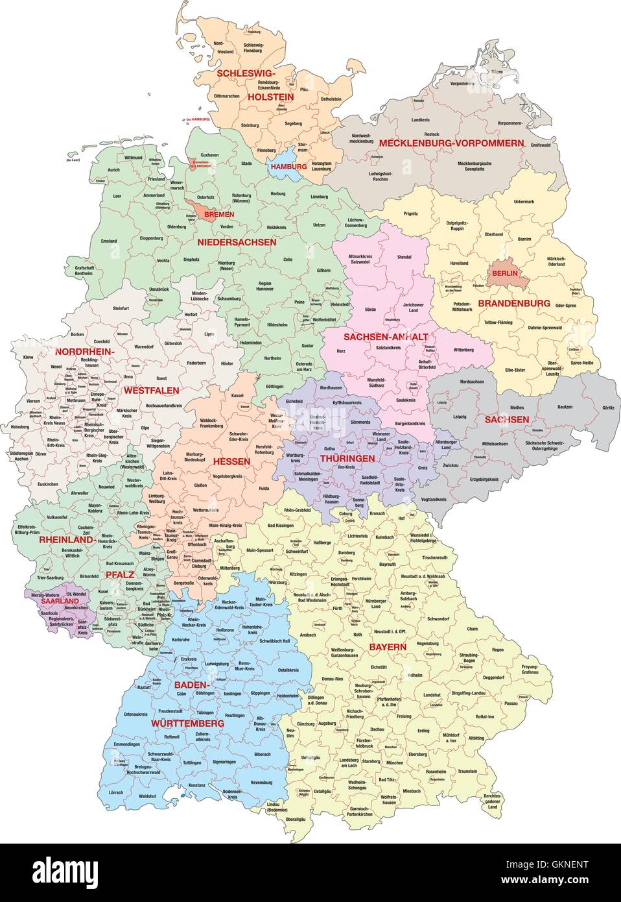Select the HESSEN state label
coord(231,461)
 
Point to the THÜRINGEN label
coord(347,458)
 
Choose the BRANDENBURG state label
coord(514,303)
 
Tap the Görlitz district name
coord(607,408)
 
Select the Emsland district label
coord(109,241)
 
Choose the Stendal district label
coord(404,257)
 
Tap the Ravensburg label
coord(261,782)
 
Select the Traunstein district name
coord(466,770)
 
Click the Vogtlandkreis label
coord(433,499)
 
